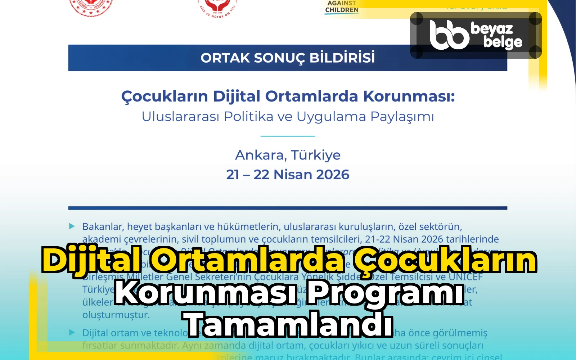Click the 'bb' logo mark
[x=449, y=35]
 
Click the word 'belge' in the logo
[x=503, y=42]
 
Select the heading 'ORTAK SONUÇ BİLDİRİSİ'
[x=288, y=58]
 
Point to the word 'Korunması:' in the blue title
[x=409, y=96]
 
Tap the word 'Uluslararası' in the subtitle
[x=180, y=117]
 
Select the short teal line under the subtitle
[x=288, y=136]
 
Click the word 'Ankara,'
[x=261, y=155]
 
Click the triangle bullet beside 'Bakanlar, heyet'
[x=72, y=226]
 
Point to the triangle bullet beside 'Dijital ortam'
[x=72, y=332]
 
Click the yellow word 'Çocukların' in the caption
[x=445, y=260]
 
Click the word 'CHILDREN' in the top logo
[x=342, y=10]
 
